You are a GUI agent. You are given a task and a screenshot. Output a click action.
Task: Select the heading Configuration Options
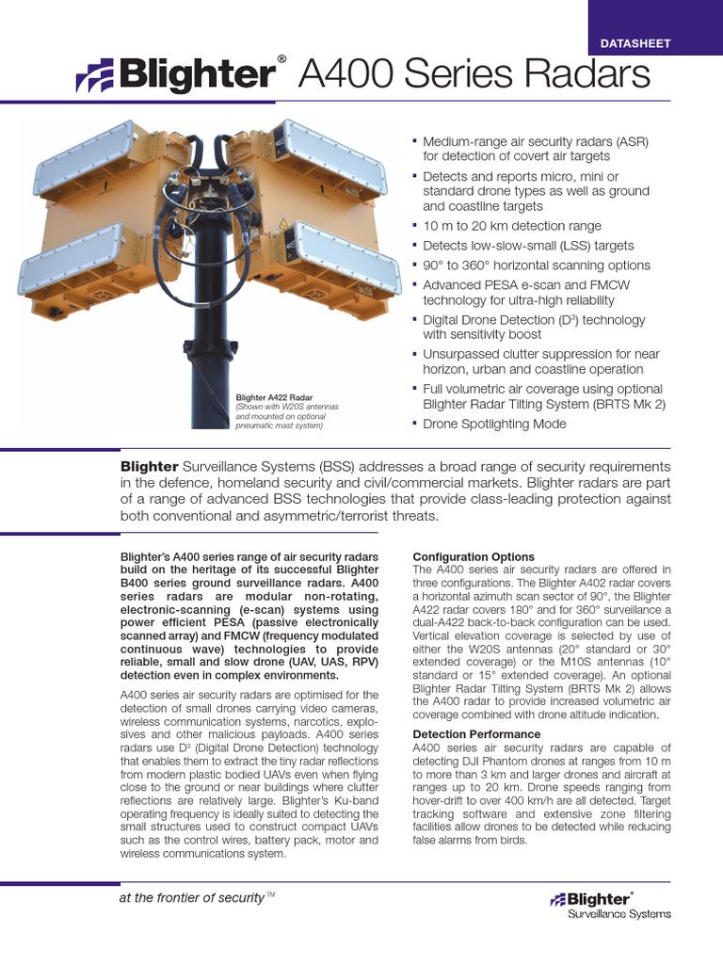[x=474, y=557]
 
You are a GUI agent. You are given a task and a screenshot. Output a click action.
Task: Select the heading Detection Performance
[x=476, y=734]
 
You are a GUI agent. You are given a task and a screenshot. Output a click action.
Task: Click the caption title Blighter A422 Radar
[x=274, y=398]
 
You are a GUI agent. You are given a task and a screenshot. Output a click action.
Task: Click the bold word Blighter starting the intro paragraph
[x=149, y=467]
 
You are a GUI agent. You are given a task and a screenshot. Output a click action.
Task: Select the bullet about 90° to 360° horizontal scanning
[x=536, y=265]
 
